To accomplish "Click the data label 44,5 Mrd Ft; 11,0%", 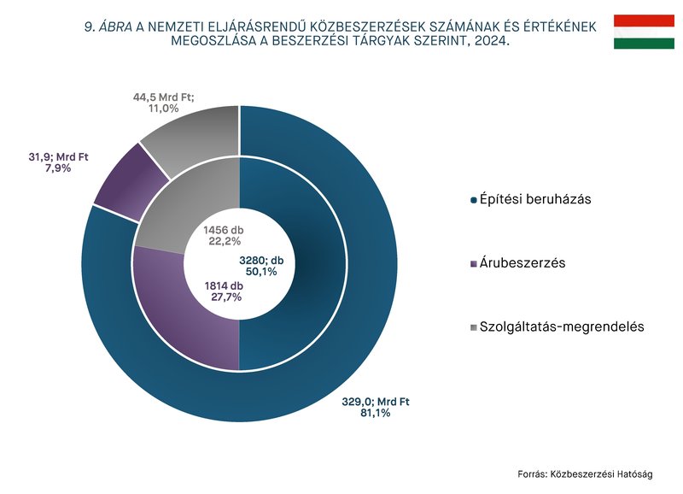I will (163, 103).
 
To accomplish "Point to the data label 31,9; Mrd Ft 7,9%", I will (58, 162).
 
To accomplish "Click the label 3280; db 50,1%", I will (267, 265).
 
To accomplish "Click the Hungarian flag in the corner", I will (644, 31).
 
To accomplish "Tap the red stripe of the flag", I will (644, 20).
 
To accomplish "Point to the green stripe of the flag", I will (644, 43).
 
